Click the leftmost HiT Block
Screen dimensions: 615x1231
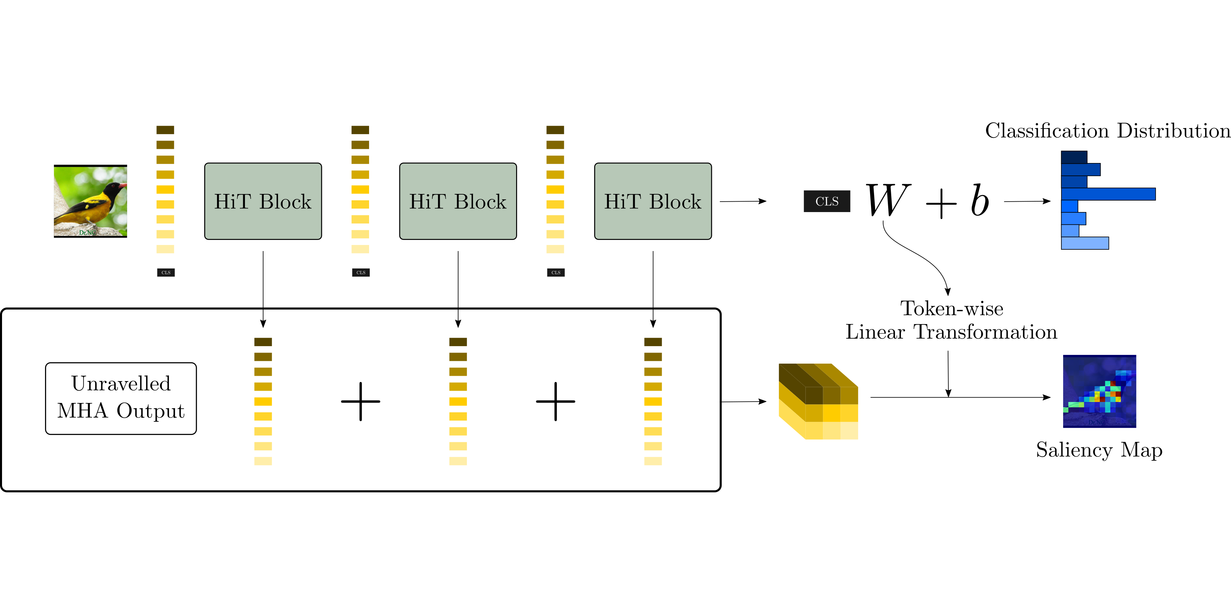[x=263, y=201]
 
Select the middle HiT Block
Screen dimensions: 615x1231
[x=458, y=201]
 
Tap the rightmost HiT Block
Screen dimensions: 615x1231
[x=653, y=201]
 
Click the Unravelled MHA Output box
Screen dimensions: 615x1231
[x=121, y=398]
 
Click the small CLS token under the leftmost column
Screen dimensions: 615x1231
[x=166, y=273]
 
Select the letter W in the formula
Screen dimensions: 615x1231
[x=888, y=201]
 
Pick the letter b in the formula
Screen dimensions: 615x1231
[x=980, y=201]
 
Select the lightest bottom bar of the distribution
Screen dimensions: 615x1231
[x=1084, y=243]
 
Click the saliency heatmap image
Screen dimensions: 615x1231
[x=1099, y=391]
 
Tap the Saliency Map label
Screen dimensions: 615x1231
[x=1099, y=450]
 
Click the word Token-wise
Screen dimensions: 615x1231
[x=951, y=309]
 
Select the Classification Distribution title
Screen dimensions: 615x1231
[x=1107, y=131]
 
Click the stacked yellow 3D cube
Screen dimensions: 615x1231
[x=818, y=401]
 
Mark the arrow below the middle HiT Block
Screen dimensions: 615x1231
[x=458, y=289]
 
